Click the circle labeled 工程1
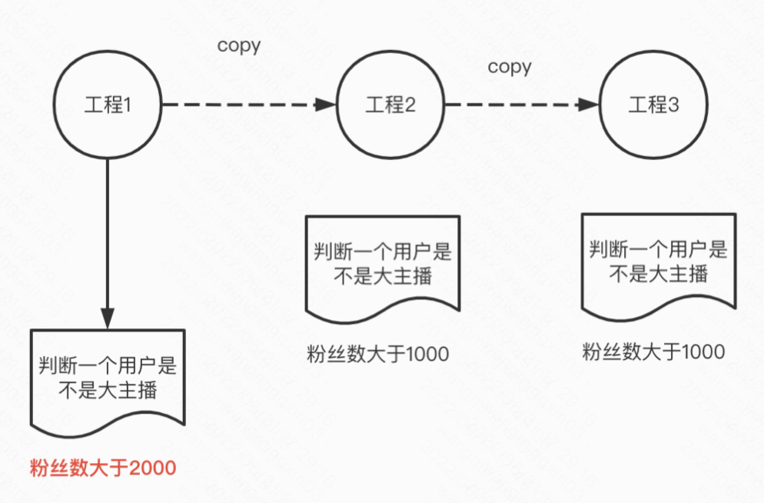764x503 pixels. tap(108, 105)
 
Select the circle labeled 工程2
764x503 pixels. tap(390, 105)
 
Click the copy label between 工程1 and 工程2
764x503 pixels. tap(239, 45)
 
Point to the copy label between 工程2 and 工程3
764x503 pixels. tap(510, 67)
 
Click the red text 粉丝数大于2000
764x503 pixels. tap(103, 468)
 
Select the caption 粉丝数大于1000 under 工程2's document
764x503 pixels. tap(377, 354)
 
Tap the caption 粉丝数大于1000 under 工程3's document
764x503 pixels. tap(653, 352)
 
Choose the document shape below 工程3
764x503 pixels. tap(658, 261)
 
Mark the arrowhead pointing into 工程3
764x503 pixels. tap(590, 105)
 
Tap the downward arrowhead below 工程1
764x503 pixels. tap(108, 318)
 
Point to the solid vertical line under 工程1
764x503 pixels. tap(108, 231)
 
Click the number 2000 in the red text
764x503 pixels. tap(154, 468)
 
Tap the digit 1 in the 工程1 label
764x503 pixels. tap(128, 105)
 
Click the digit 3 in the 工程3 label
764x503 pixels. tap(674, 105)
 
